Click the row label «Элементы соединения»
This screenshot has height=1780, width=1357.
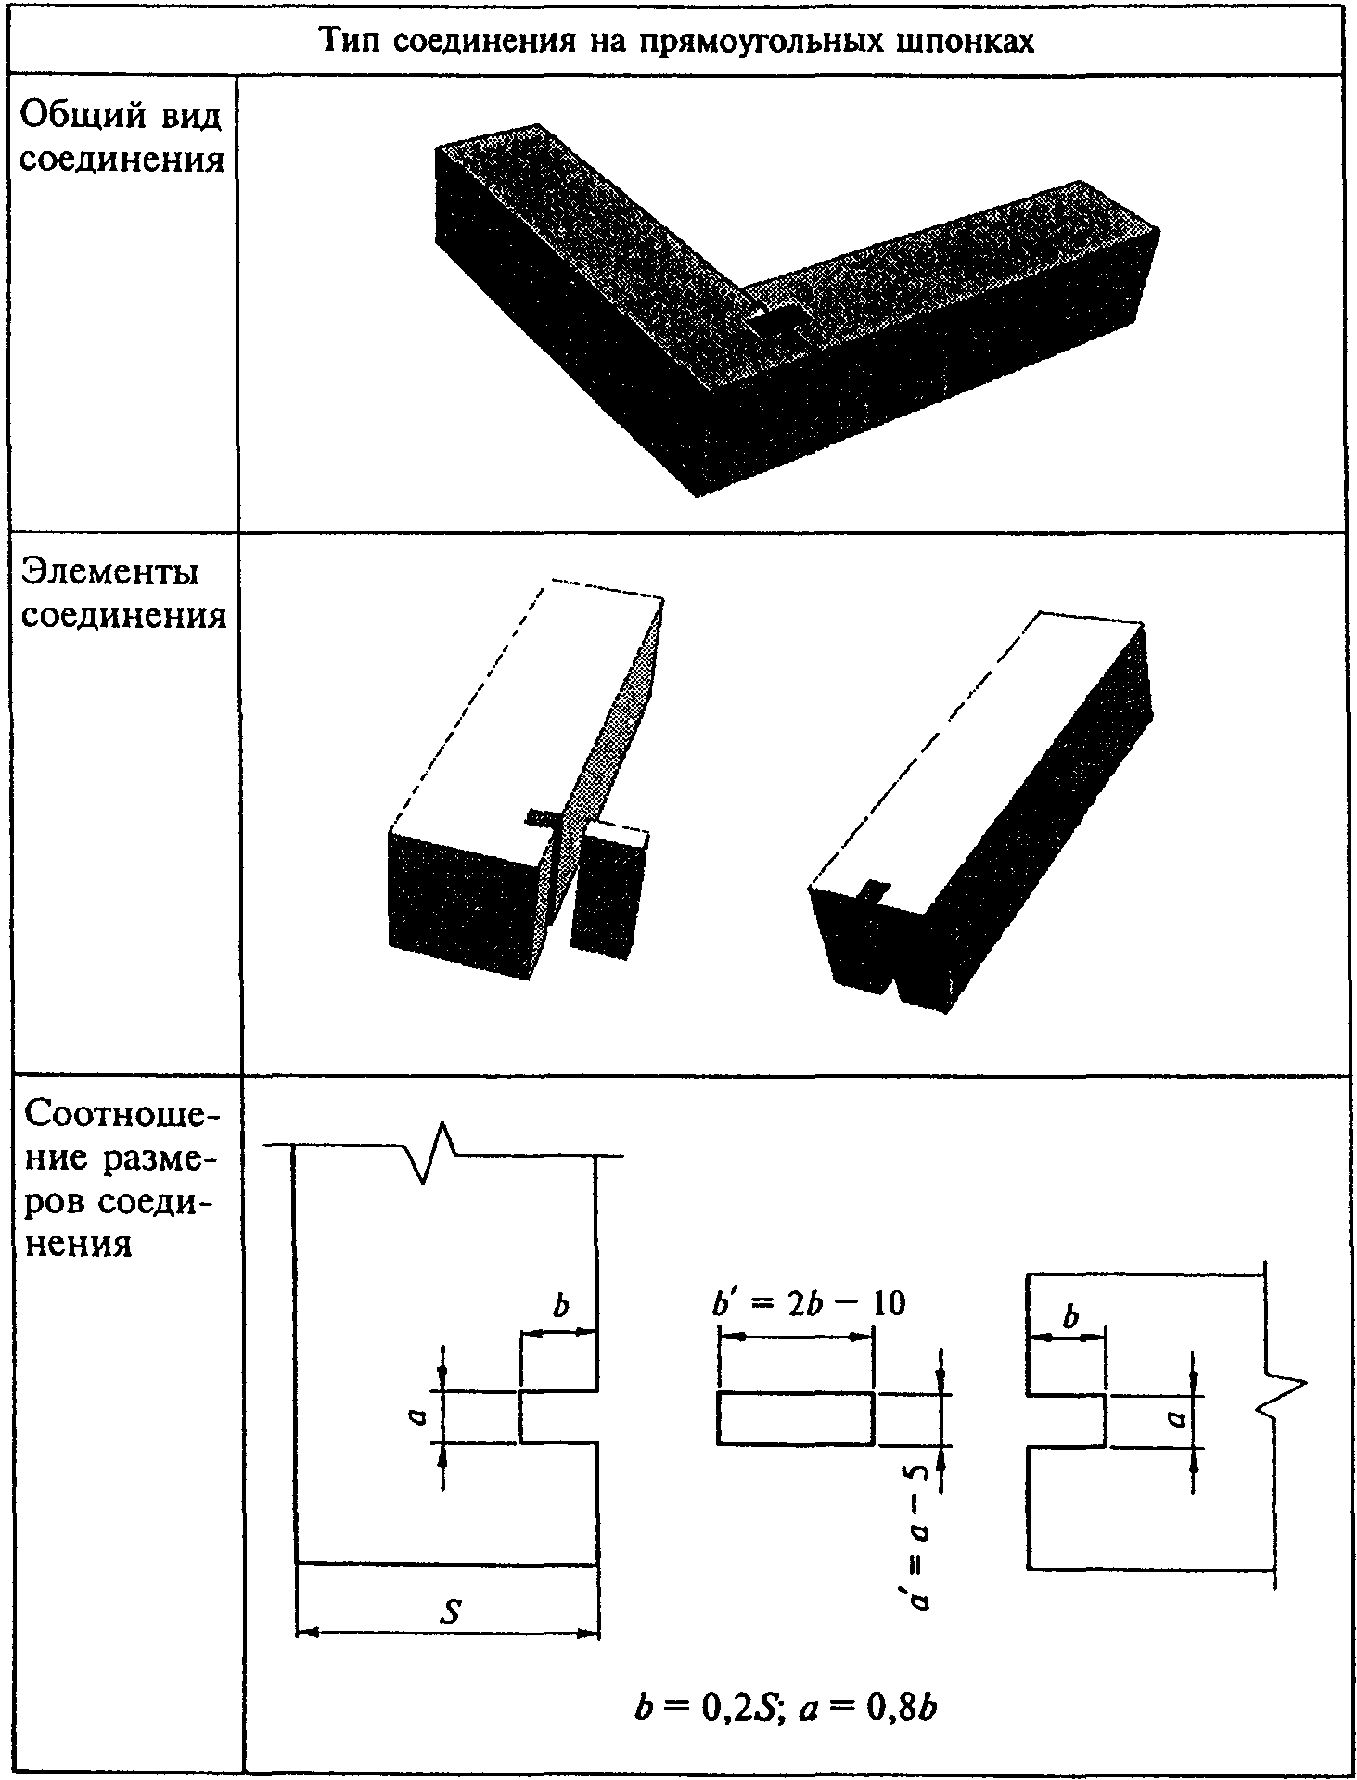click(x=123, y=593)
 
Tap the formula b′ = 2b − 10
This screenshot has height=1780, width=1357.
click(x=808, y=1303)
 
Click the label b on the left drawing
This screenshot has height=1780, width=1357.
click(x=559, y=1307)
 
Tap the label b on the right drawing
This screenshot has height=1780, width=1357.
click(x=1070, y=1318)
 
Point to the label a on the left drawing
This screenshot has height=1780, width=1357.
click(x=418, y=1416)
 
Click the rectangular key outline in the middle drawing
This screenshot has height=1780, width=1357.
click(x=795, y=1417)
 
